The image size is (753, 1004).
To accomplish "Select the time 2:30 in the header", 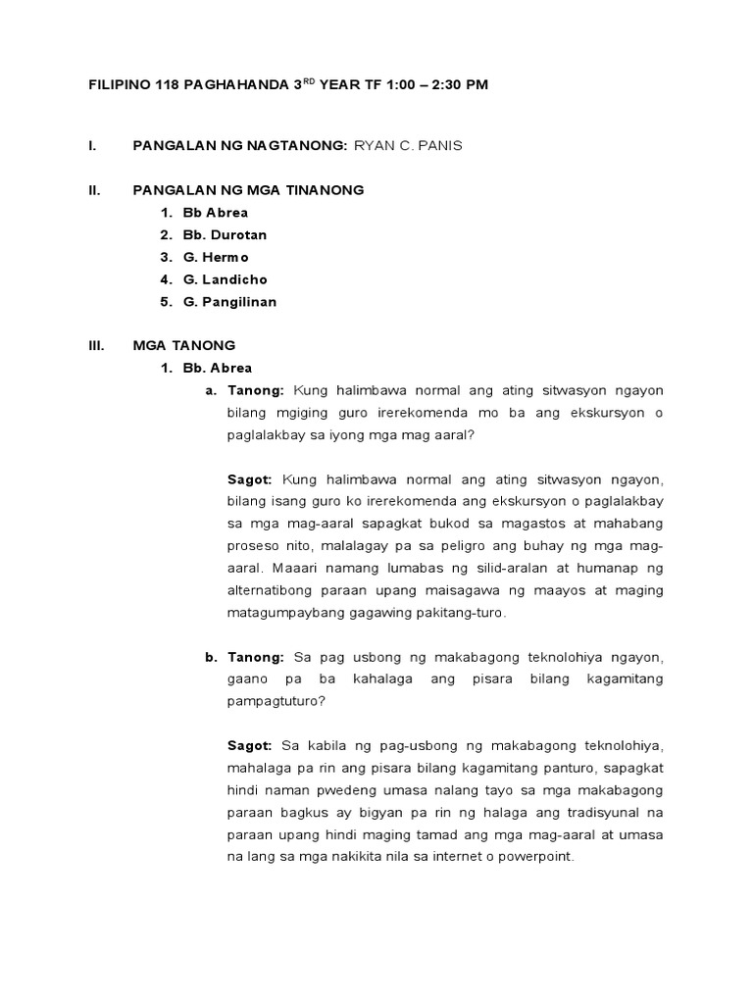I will tap(439, 85).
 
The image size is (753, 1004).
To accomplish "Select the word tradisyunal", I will tap(610, 812).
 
